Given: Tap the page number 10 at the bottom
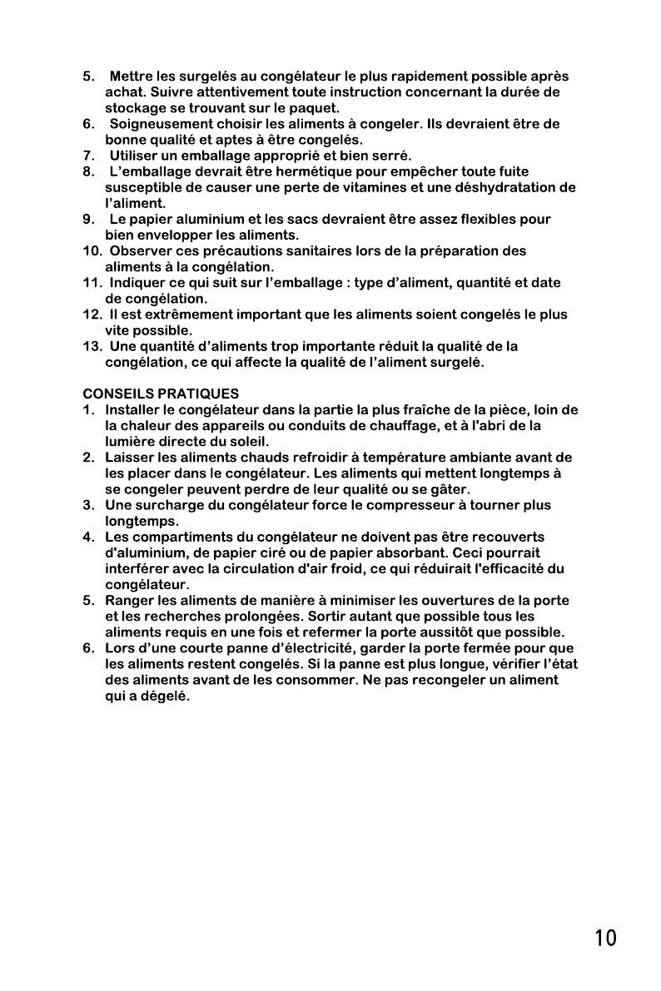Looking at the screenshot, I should (x=606, y=939).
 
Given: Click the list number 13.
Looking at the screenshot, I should (x=92, y=346).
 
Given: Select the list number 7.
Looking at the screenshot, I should (x=87, y=156).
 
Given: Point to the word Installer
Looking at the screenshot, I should (x=133, y=409).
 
